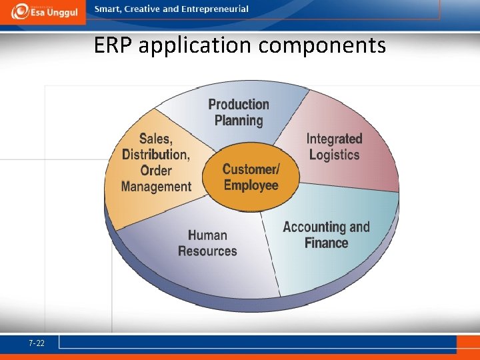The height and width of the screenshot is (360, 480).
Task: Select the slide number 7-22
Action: [x=37, y=343]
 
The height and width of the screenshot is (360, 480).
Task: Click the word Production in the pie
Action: [x=239, y=105]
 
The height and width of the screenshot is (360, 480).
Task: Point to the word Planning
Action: [x=239, y=121]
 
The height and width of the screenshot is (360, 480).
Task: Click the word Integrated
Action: [x=334, y=139]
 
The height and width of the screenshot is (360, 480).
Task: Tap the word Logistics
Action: [x=334, y=155]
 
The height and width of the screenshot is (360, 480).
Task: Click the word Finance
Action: [x=327, y=243]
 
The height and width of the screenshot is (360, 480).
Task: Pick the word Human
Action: [x=207, y=235]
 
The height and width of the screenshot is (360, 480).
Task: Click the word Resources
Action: [x=207, y=251]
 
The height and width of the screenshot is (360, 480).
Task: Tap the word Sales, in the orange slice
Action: [x=156, y=139]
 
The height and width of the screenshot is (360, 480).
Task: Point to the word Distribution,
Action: [x=156, y=155]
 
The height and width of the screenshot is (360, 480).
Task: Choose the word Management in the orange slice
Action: [x=156, y=187]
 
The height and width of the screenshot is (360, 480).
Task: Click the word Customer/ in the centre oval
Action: [x=251, y=169]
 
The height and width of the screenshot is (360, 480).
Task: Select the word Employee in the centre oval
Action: [x=251, y=185]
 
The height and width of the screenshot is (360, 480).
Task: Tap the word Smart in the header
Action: [x=107, y=9]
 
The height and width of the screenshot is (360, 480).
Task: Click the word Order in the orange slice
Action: [x=156, y=171]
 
